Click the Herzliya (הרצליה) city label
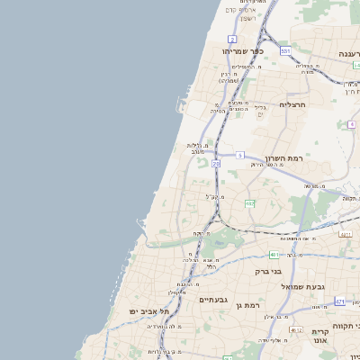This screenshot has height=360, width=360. (293, 104)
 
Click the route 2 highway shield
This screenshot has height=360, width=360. (232, 39)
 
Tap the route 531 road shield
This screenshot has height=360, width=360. (284, 51)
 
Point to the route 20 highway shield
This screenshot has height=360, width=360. (216, 164)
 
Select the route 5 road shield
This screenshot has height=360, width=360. (240, 156)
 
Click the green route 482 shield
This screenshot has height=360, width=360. (249, 203)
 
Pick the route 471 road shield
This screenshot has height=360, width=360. (339, 301)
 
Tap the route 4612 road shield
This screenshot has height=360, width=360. (272, 255)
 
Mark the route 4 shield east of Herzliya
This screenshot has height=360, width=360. (351, 124)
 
